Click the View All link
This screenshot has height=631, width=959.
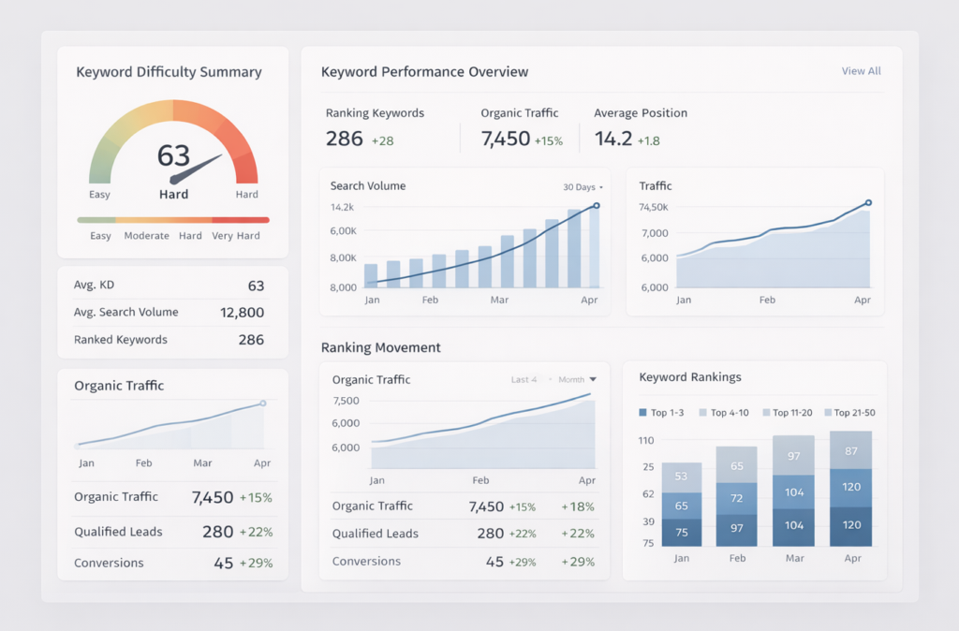click(x=861, y=71)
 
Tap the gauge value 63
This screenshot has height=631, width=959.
click(x=173, y=154)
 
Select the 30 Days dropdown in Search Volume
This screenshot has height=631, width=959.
click(x=583, y=187)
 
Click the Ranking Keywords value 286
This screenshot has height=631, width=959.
click(x=344, y=139)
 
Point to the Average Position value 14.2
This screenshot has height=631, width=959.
click(x=612, y=139)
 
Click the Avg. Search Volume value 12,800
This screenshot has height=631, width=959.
click(x=242, y=313)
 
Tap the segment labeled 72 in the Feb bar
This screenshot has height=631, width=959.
click(x=736, y=498)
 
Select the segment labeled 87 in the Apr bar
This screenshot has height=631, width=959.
click(x=851, y=450)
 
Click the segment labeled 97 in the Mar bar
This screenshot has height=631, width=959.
click(x=794, y=456)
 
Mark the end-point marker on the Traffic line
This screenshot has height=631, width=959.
click(x=868, y=202)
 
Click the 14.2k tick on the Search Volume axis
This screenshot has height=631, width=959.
click(x=342, y=207)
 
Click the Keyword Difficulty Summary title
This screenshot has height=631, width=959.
click(x=169, y=72)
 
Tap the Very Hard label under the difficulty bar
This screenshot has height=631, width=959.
click(x=236, y=236)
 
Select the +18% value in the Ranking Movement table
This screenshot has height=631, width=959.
click(x=578, y=506)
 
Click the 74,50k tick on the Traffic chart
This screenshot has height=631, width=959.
click(x=653, y=207)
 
